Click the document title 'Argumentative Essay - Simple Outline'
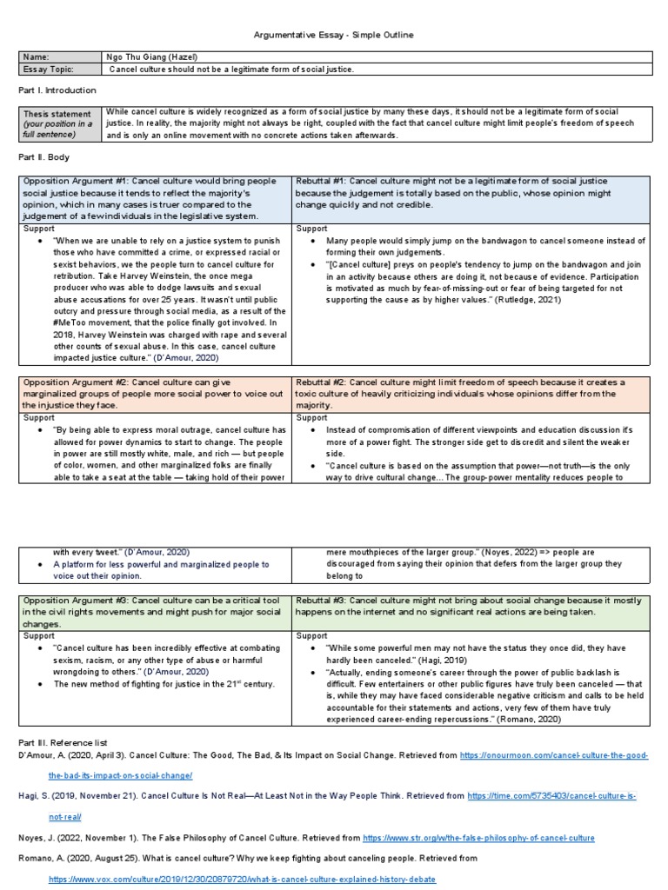point(333,35)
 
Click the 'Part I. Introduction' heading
point(57,90)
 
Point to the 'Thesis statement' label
point(57,114)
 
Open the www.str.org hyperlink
point(478,838)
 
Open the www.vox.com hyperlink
point(242,880)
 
